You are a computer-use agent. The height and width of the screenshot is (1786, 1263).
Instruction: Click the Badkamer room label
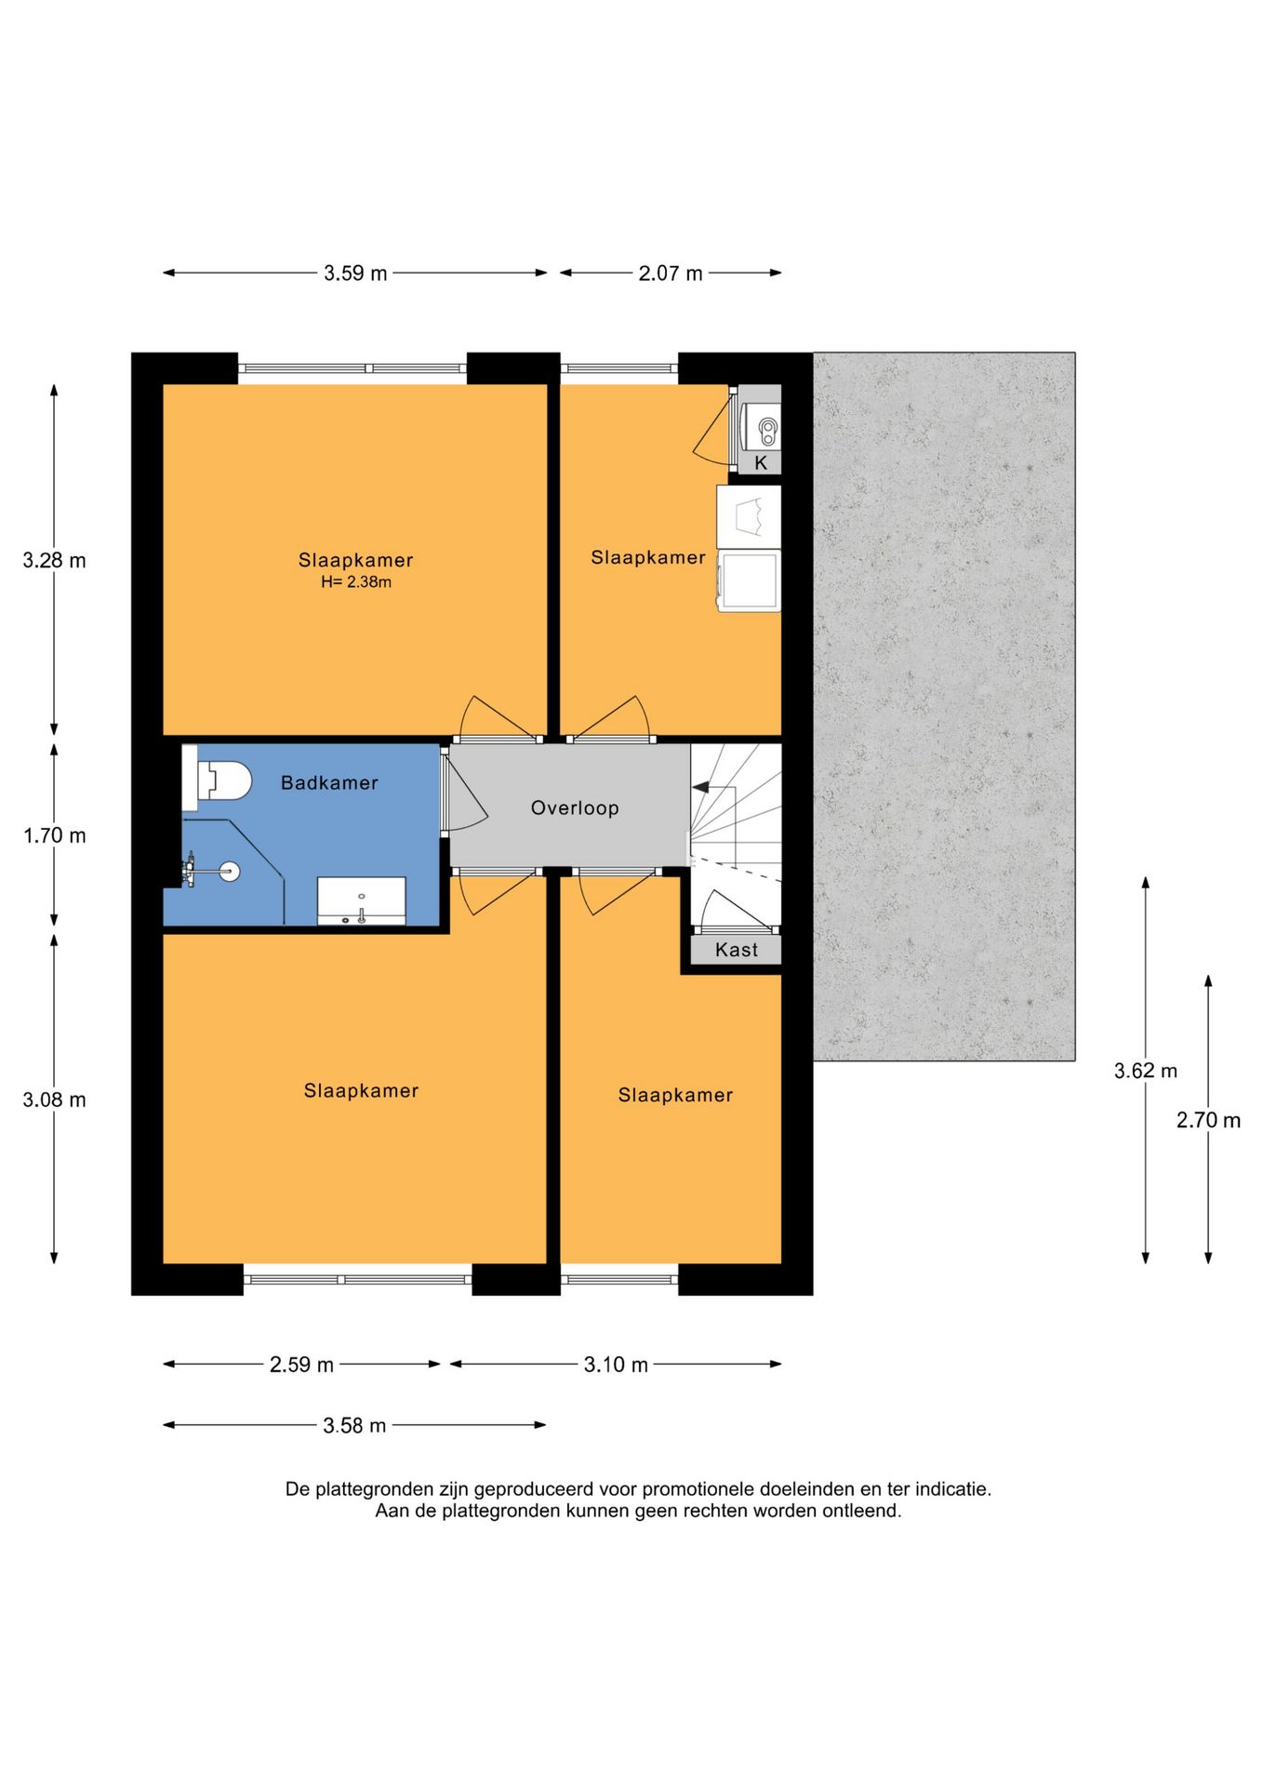329,783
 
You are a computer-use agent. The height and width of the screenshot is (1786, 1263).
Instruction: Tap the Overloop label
575,808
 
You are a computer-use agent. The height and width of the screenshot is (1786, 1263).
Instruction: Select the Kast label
737,950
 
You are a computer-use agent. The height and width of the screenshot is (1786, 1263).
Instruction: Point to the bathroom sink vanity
362,900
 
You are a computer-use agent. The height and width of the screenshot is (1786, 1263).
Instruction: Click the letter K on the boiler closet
761,463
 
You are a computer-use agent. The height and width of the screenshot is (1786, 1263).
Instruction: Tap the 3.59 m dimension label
355,273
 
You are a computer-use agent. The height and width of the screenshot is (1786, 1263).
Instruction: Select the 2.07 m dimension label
671,273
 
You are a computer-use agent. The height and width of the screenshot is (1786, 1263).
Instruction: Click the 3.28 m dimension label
55,560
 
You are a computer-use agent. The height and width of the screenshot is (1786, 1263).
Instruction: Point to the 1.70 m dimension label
55,835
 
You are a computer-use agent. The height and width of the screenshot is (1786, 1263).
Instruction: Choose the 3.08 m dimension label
55,1100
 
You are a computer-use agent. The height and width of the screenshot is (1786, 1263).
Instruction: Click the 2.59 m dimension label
301,1365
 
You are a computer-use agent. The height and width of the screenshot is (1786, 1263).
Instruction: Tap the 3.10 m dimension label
616,1365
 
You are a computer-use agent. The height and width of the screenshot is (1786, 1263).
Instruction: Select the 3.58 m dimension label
354,1425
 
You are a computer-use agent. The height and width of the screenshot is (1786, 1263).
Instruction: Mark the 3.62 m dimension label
1146,1071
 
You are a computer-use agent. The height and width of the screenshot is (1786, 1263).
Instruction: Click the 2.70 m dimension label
1208,1120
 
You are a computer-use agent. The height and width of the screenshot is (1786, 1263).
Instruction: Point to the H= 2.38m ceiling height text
356,582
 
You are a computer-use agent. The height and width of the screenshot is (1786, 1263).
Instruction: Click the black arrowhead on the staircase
700,787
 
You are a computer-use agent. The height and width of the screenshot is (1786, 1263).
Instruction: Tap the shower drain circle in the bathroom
228,872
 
